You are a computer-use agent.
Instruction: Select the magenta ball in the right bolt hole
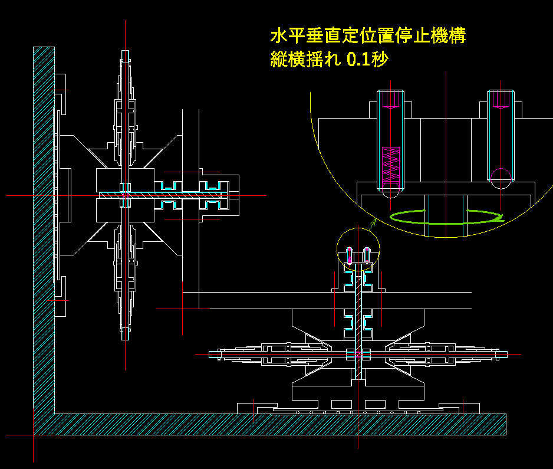tap(501, 178)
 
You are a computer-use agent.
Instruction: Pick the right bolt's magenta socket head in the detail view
tap(501, 99)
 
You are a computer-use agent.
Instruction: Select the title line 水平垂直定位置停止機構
tap(368, 35)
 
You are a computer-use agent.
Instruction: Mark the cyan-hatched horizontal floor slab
tap(277, 424)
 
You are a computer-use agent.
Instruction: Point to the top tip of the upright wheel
tap(125, 53)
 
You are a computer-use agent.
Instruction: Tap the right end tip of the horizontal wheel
tap(505, 354)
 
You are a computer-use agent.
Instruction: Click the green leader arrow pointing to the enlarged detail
tap(373, 224)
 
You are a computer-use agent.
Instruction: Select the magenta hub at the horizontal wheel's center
tap(358, 355)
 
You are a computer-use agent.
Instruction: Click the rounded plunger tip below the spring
tap(391, 189)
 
